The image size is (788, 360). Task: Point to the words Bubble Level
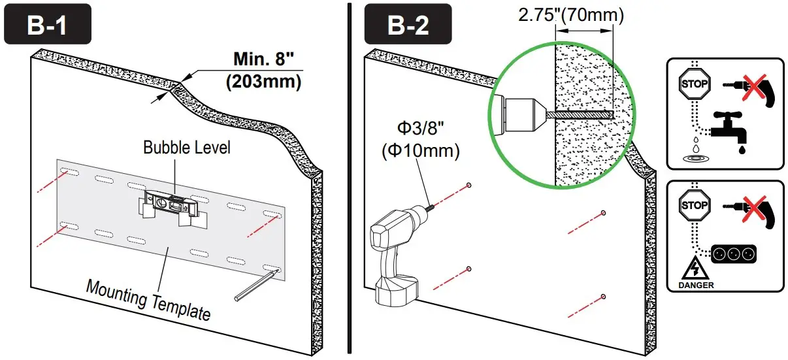click(187, 148)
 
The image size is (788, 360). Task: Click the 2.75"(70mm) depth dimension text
click(571, 15)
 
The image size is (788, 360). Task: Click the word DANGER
click(695, 285)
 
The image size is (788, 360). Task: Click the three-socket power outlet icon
click(727, 252)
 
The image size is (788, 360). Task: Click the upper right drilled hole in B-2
click(603, 213)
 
